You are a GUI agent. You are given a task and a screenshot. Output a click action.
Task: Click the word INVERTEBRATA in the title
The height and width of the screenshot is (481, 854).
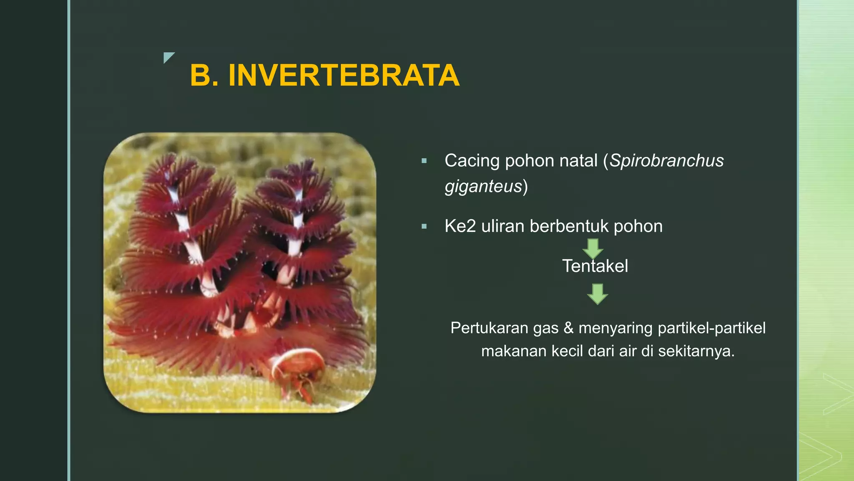coord(344,76)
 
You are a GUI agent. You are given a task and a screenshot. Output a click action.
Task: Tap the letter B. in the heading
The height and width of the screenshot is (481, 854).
coord(204,76)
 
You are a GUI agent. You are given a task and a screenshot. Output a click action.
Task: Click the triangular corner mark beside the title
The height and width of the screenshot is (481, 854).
coord(168,57)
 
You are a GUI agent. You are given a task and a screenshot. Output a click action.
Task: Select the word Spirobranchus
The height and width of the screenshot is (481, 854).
coord(666,161)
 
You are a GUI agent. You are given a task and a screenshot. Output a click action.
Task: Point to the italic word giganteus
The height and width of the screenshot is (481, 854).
coord(483,186)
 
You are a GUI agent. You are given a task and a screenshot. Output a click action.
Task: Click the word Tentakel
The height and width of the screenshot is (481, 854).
coord(595,266)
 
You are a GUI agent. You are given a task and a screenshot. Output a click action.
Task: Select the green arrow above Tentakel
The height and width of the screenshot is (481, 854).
coord(593,248)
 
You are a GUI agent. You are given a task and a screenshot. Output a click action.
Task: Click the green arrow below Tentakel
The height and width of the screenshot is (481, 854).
coord(597,294)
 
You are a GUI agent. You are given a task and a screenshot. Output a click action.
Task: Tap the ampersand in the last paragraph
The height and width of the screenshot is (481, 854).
coord(568,328)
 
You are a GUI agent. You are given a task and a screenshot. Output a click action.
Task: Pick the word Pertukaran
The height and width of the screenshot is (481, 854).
coord(483,328)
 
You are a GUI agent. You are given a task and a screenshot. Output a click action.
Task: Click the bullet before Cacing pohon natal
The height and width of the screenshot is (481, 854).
coord(424,161)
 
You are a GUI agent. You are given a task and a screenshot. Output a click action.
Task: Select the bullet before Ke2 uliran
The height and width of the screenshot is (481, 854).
coord(424,227)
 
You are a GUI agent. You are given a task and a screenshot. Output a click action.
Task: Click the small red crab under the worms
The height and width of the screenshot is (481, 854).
coord(298,367)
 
